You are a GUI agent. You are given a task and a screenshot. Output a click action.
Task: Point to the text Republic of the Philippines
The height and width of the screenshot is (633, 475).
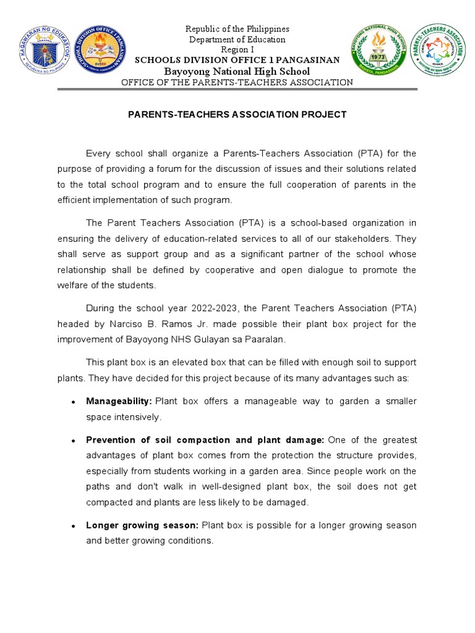coord(237,29)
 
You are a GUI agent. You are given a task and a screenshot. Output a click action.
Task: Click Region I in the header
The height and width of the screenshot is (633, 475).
coord(237,49)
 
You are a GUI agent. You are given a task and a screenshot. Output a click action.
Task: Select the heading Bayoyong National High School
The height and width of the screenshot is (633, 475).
coord(237,71)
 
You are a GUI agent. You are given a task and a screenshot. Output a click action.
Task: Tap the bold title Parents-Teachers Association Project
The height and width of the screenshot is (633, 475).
coord(237,114)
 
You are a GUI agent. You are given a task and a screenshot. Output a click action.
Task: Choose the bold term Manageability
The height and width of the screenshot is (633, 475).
coord(119,401)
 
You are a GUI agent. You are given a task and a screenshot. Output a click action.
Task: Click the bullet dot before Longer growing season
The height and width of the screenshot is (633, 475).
coord(73,526)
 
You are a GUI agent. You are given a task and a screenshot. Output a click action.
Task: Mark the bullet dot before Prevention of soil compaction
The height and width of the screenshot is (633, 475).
coord(73,441)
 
